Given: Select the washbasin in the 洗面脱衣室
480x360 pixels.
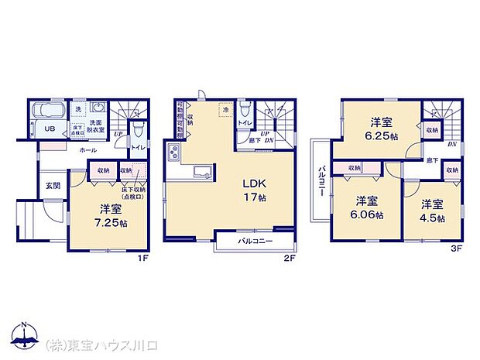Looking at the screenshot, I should pos(97,108).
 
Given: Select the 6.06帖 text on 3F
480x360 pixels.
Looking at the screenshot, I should pos(366,215).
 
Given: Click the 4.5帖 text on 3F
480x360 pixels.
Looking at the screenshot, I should pos(434,219).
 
